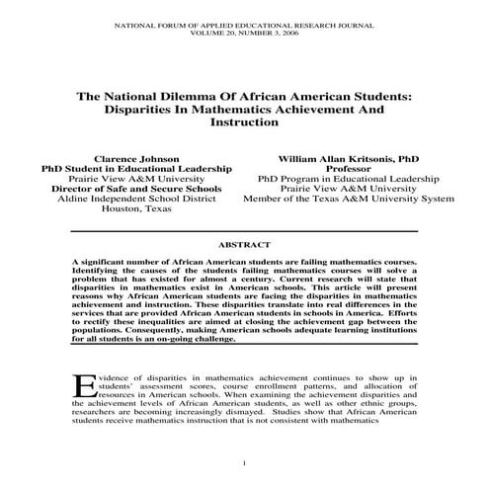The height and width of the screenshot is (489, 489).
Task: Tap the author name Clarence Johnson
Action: [x=135, y=158]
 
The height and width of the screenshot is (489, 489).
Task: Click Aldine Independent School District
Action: [x=135, y=199]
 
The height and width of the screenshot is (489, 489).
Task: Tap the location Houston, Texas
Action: [x=135, y=209]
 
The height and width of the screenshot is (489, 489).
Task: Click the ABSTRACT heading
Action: [x=244, y=241]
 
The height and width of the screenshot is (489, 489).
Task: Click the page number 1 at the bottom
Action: [x=244, y=459]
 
